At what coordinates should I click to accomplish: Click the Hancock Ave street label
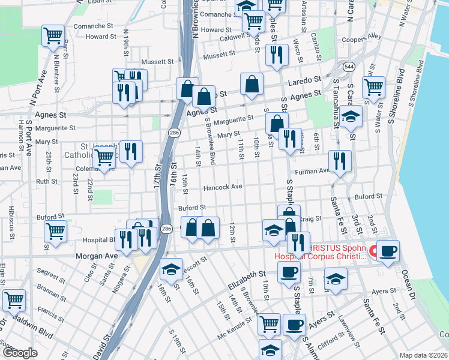(x=223, y=187)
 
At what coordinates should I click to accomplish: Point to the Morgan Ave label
(x=95, y=256)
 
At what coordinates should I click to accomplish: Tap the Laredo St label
(x=304, y=79)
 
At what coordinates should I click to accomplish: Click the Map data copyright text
(x=424, y=355)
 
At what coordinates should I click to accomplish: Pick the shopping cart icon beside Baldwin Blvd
(x=14, y=300)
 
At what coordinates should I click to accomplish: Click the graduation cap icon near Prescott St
(x=171, y=269)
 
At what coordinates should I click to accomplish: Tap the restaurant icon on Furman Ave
(x=340, y=161)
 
